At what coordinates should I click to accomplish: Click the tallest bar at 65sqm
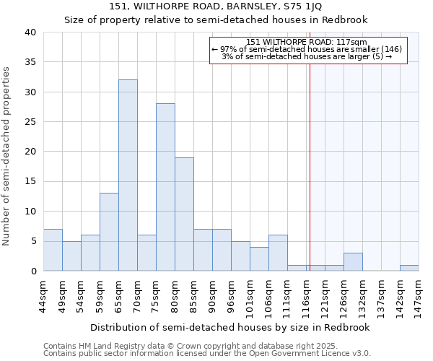[128, 175]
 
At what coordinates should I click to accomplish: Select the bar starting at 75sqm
[165, 187]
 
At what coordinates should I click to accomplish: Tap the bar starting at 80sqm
[184, 214]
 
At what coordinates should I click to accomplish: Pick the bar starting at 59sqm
[109, 232]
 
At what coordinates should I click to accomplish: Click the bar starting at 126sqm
[353, 262]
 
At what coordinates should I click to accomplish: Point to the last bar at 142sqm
[409, 268]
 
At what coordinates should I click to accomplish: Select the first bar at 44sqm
[53, 250]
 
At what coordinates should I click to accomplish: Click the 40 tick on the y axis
[30, 32]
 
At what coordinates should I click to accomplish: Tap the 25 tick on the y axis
[30, 122]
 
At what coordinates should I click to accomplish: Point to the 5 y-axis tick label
[32, 241]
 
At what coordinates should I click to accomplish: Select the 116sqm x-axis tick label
[307, 294]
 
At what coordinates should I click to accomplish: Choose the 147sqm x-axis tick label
[419, 294]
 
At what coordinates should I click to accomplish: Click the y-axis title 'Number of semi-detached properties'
[7, 156]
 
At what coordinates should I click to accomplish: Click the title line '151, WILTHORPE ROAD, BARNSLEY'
[216, 6]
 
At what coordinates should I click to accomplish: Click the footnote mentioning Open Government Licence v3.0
[206, 353]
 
